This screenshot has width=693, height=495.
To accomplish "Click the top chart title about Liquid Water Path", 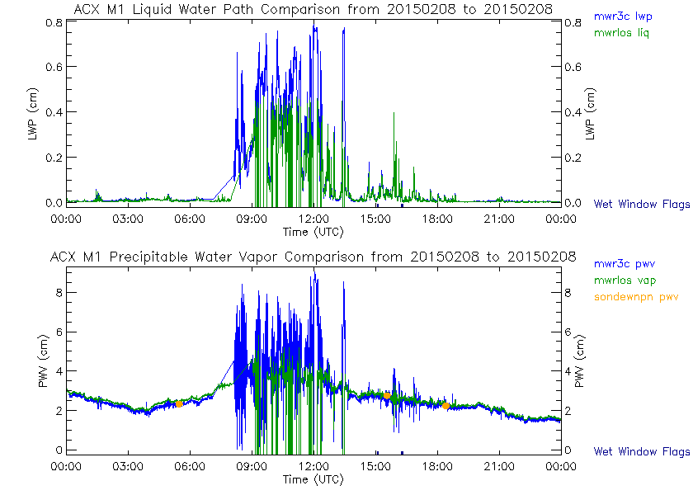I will [x=313, y=9].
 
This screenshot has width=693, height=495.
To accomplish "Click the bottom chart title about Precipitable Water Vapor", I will [x=313, y=257].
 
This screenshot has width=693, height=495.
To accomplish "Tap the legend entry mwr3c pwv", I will [x=623, y=264].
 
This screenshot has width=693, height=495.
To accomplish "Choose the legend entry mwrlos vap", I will [x=623, y=280].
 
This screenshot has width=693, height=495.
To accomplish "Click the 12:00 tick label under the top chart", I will [x=313, y=219].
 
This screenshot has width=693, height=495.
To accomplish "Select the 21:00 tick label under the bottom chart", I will [x=499, y=466].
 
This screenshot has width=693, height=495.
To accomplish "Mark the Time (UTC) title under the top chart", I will [x=313, y=231].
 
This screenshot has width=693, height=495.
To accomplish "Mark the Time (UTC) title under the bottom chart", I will [x=313, y=479].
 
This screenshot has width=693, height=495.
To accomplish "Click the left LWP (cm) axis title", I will [x=34, y=112].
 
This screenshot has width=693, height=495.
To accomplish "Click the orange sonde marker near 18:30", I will [x=446, y=405].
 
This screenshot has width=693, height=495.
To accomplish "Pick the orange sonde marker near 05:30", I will [x=179, y=403].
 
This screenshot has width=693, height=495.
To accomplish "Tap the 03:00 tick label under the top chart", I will [x=128, y=219].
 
